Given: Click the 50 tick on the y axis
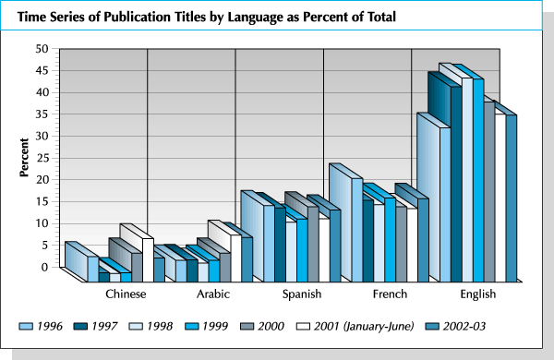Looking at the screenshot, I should click(x=42, y=48).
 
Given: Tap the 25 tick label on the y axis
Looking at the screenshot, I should click(x=42, y=158).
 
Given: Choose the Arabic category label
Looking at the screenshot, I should click(x=213, y=294).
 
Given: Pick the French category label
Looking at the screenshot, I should click(x=390, y=294).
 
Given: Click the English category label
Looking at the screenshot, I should click(x=477, y=294).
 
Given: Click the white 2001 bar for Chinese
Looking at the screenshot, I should click(x=147, y=254).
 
